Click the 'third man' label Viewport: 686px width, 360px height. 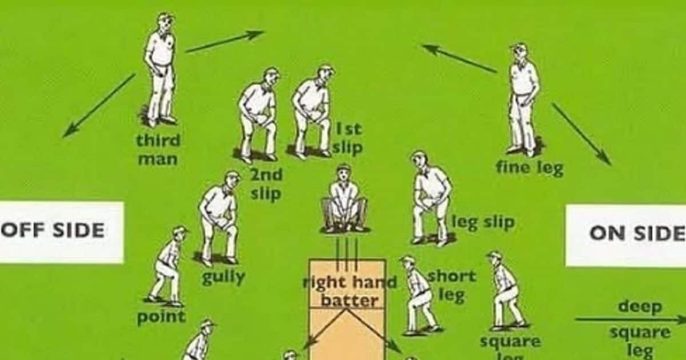click(x=158, y=149)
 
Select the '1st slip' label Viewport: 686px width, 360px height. click(x=347, y=138)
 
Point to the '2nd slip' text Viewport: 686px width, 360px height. click(x=266, y=184)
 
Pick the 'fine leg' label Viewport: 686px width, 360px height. click(x=529, y=168)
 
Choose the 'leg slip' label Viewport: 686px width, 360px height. click(x=483, y=222)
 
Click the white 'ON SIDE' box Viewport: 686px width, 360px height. click(x=627, y=235)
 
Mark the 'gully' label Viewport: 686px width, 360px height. click(x=223, y=278)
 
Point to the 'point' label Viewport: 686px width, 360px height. click(x=161, y=317)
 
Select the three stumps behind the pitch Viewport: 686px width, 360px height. click(x=346, y=254)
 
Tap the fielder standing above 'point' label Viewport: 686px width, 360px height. click(x=167, y=266)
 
